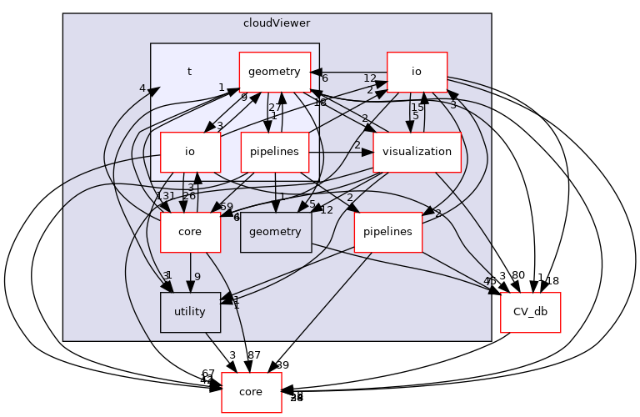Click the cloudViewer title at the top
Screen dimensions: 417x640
coord(277,23)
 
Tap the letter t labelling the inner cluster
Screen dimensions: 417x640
coord(189,72)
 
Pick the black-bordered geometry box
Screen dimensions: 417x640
coord(275,231)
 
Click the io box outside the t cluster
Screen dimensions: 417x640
coord(417,72)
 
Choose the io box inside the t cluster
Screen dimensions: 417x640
coord(190,152)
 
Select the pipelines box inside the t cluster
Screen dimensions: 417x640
coord(275,152)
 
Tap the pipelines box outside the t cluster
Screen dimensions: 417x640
coord(388,231)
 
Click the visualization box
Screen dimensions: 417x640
coord(417,152)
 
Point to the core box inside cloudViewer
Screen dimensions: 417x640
coord(190,231)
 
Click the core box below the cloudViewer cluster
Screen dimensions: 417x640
coord(251,391)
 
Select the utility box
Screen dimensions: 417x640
coord(190,311)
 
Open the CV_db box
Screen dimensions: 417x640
coord(530,311)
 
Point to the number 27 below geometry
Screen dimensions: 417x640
coord(274,107)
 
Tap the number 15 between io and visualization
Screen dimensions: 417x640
coord(417,107)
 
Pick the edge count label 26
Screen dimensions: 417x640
coord(189,196)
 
